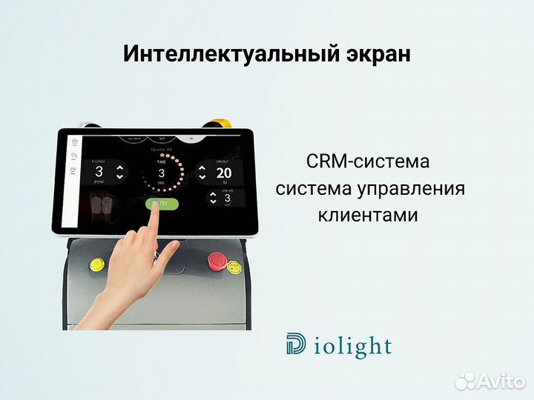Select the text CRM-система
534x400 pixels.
[368, 161]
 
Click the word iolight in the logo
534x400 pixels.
[353, 346]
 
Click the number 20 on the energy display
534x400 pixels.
[224, 173]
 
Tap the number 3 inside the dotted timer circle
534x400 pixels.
[161, 173]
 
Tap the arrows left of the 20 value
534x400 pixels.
[202, 173]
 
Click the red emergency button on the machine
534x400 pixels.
[216, 260]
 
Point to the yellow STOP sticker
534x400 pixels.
[234, 267]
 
